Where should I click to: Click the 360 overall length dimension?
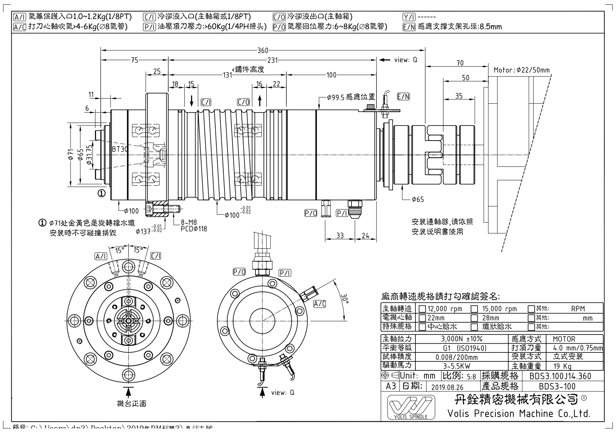pos(263,51)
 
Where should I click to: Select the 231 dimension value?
pos(272,60)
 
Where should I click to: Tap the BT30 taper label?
pos(120,149)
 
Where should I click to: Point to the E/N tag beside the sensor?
pos(403,97)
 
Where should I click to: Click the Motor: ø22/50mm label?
pos(521,70)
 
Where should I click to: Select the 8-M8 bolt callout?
pos(189,223)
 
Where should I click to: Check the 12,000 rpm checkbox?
pos(422,309)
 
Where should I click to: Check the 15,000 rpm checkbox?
pos(475,309)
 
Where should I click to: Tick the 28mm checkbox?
pos(475,318)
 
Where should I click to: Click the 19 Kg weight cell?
pos(562,366)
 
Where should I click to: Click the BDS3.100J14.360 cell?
pos(560,376)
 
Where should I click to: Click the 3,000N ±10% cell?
pos(461,339)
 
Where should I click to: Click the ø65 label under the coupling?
pos(418,199)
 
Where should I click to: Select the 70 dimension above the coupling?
pos(460,63)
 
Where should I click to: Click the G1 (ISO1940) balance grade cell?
pos(461,348)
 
